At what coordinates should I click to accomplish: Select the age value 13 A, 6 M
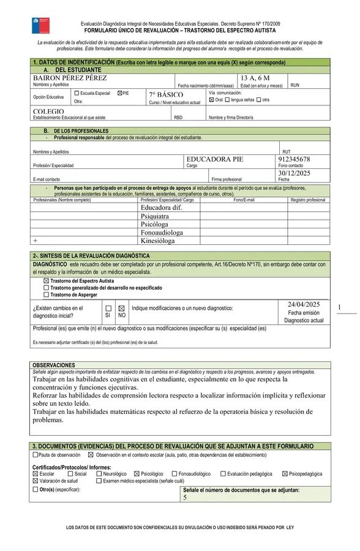[x=255, y=78]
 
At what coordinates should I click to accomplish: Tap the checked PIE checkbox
[x=119, y=93]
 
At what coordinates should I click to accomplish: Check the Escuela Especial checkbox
[x=76, y=93]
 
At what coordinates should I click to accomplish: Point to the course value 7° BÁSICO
[x=166, y=95]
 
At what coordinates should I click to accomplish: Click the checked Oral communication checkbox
[x=212, y=99]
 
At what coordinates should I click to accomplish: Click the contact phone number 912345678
[x=294, y=159]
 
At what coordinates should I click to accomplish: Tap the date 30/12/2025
[x=294, y=173]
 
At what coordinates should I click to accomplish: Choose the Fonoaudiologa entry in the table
[x=162, y=233]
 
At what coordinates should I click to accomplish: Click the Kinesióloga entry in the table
[x=158, y=241]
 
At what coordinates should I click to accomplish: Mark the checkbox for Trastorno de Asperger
[x=46, y=294]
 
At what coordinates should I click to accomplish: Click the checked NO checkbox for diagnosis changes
[x=121, y=309]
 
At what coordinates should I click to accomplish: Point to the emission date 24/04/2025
[x=304, y=304]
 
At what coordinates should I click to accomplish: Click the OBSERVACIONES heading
[x=53, y=365]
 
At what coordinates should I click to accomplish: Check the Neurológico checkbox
[x=99, y=474]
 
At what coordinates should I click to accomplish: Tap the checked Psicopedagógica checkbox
[x=285, y=474]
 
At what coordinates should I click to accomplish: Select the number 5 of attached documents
[x=185, y=498]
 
